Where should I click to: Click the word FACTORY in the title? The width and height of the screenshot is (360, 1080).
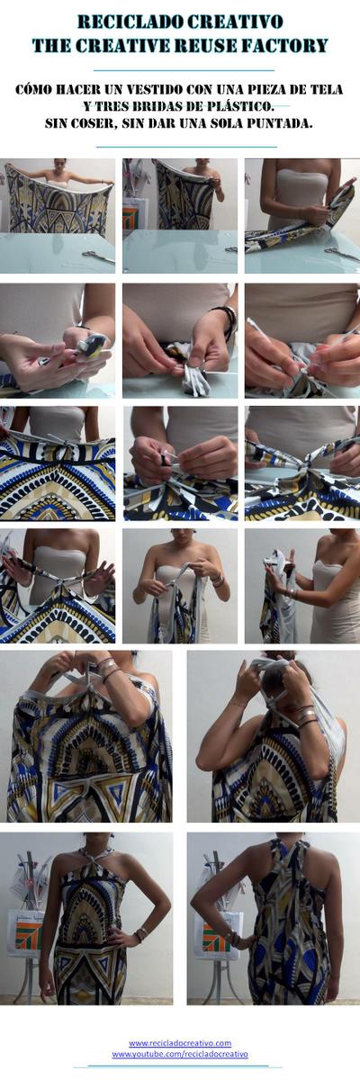click(x=286, y=45)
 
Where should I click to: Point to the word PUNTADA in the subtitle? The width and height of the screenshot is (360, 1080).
click(x=275, y=122)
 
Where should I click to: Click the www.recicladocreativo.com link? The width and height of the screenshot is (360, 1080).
click(x=180, y=1043)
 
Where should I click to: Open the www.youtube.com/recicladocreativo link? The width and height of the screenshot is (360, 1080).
click(x=180, y=1054)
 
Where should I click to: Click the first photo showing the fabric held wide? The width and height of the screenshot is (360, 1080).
click(x=58, y=215)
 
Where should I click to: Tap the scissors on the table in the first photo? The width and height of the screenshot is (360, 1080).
click(x=97, y=256)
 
